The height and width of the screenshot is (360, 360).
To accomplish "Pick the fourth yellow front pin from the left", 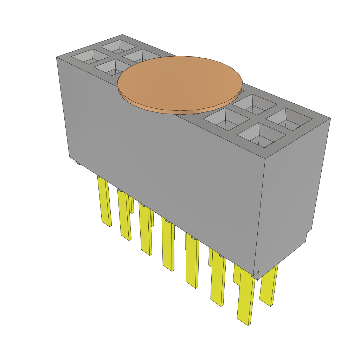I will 168,246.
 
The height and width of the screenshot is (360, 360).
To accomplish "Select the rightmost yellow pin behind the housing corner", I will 269,285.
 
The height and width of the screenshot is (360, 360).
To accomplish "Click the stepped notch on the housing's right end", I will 308,236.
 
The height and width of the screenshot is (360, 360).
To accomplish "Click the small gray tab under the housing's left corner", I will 78,163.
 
